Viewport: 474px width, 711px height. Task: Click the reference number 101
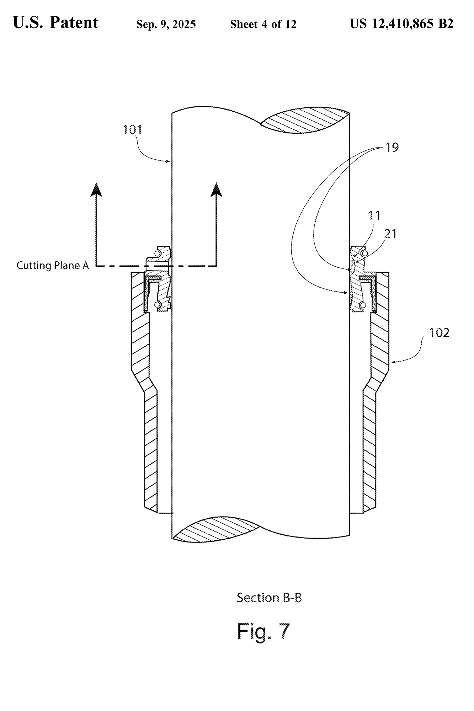click(x=133, y=130)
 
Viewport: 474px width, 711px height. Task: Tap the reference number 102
click(x=439, y=333)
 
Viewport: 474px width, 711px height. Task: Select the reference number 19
click(x=392, y=147)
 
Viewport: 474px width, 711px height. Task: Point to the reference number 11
click(x=374, y=216)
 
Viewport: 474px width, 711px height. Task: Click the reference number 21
click(x=390, y=234)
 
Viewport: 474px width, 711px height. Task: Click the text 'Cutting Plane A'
click(x=53, y=266)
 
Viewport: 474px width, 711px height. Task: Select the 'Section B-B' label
click(x=269, y=598)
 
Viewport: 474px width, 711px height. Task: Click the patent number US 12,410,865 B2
click(x=401, y=24)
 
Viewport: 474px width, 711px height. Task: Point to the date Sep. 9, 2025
click(x=166, y=24)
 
